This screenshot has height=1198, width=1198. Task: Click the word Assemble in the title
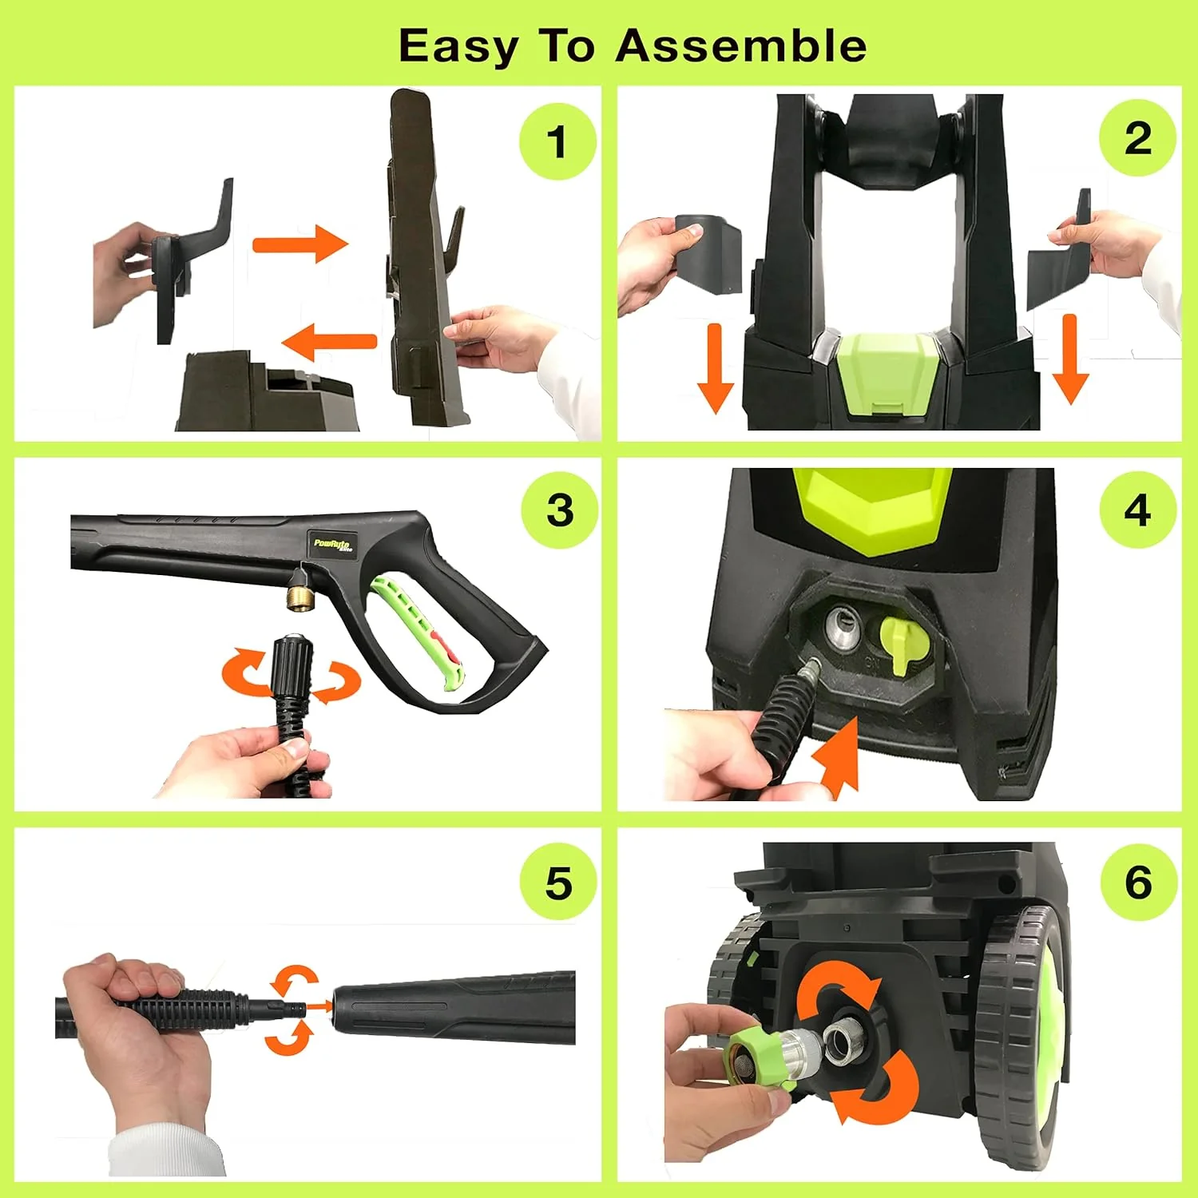[x=740, y=46]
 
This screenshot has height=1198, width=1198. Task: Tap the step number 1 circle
[x=557, y=141]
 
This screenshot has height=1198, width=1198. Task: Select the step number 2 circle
[x=1137, y=138]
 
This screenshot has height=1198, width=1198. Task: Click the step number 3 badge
[x=559, y=510]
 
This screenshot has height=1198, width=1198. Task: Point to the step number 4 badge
[x=1137, y=510]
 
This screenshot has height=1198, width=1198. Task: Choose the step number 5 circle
[x=558, y=883]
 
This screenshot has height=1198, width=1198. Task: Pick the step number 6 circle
[x=1138, y=882]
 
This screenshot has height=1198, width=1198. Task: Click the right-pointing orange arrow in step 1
[x=300, y=243]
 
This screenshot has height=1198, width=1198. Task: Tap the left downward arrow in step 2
[x=715, y=368]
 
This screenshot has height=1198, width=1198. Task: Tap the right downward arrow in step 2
[x=1070, y=360]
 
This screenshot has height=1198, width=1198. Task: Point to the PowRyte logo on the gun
[x=332, y=545]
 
